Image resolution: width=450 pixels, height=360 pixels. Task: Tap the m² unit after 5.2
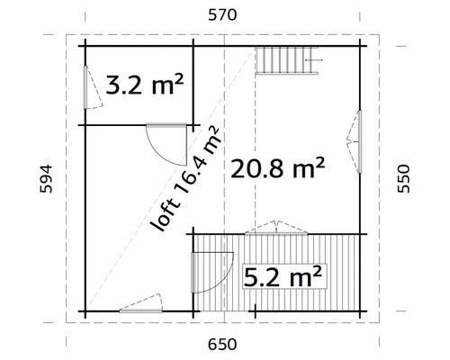306,274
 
